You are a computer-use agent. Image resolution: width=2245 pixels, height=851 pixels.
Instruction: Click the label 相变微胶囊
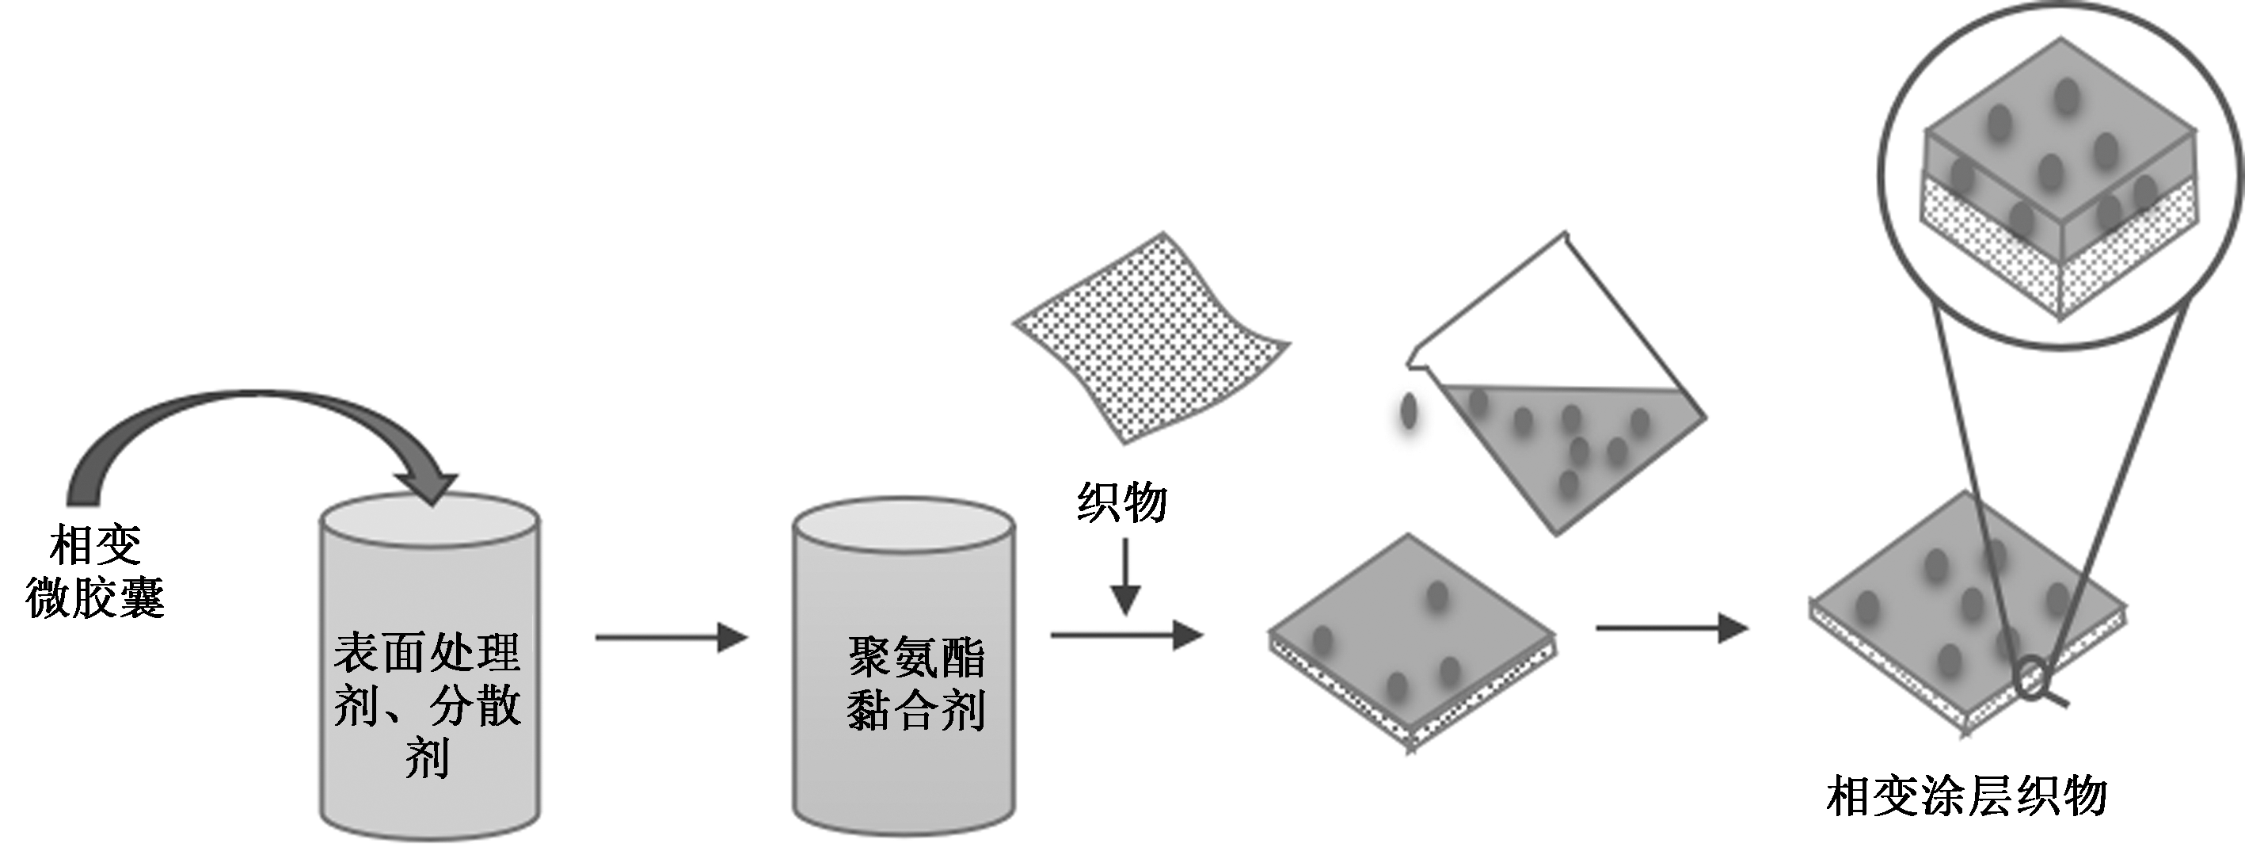point(95,571)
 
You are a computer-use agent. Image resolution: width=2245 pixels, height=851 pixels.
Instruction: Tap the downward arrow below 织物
point(1125,575)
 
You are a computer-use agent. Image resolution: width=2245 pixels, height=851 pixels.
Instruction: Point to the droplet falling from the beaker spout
point(1408,411)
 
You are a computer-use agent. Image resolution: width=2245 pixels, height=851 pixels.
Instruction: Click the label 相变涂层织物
point(1966,796)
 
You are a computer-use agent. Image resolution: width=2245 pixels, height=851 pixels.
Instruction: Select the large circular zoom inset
point(2060,174)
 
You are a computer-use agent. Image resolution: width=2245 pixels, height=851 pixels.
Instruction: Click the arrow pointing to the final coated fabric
point(1671,628)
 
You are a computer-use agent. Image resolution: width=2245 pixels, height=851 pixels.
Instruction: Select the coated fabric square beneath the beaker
point(1412,641)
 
